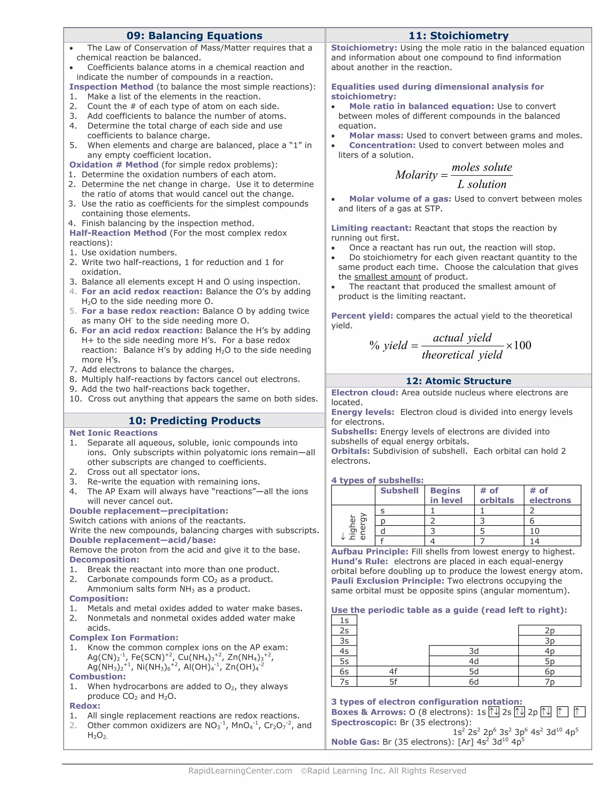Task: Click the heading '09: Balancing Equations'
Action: click(194, 36)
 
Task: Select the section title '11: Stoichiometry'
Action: click(458, 36)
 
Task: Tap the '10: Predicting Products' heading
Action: click(194, 421)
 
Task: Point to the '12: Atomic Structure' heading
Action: click(458, 381)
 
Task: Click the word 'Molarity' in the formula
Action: click(416, 175)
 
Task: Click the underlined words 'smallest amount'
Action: click(387, 277)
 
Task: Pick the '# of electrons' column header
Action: click(550, 495)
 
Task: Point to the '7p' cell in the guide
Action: click(549, 682)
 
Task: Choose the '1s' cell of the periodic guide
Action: click(344, 620)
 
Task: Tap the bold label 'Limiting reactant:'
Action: click(371, 228)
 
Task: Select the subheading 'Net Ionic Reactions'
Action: click(114, 433)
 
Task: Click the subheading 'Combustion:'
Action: click(97, 677)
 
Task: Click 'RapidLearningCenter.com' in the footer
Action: click(240, 771)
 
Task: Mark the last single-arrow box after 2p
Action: click(579, 712)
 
